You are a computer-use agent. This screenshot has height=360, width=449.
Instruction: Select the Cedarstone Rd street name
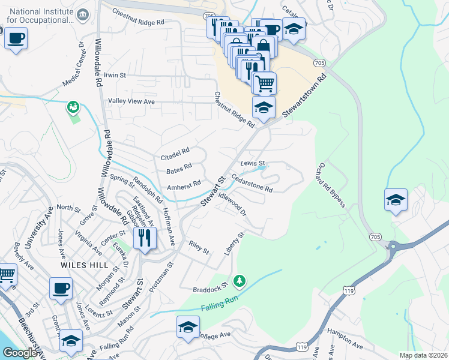pos(252,184)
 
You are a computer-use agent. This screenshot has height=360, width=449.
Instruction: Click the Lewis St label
pos(253,163)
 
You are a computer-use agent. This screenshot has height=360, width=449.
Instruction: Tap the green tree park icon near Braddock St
pos(240,280)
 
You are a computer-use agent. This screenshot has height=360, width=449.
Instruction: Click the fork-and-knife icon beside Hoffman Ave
pos(145,238)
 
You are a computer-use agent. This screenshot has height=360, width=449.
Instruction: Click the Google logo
pos(20,353)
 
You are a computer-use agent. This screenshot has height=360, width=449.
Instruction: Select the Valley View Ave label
pos(131,101)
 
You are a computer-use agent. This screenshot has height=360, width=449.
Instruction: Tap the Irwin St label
pos(115,76)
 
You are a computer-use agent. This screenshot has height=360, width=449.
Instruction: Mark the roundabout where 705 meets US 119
pos(393,246)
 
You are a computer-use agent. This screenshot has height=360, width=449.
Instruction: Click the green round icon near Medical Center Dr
pos(73,107)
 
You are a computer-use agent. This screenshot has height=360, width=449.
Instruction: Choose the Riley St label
pos(198,247)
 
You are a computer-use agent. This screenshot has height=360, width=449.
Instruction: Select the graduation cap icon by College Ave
pos(188,328)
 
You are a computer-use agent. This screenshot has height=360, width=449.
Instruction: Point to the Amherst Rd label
pos(183,187)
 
